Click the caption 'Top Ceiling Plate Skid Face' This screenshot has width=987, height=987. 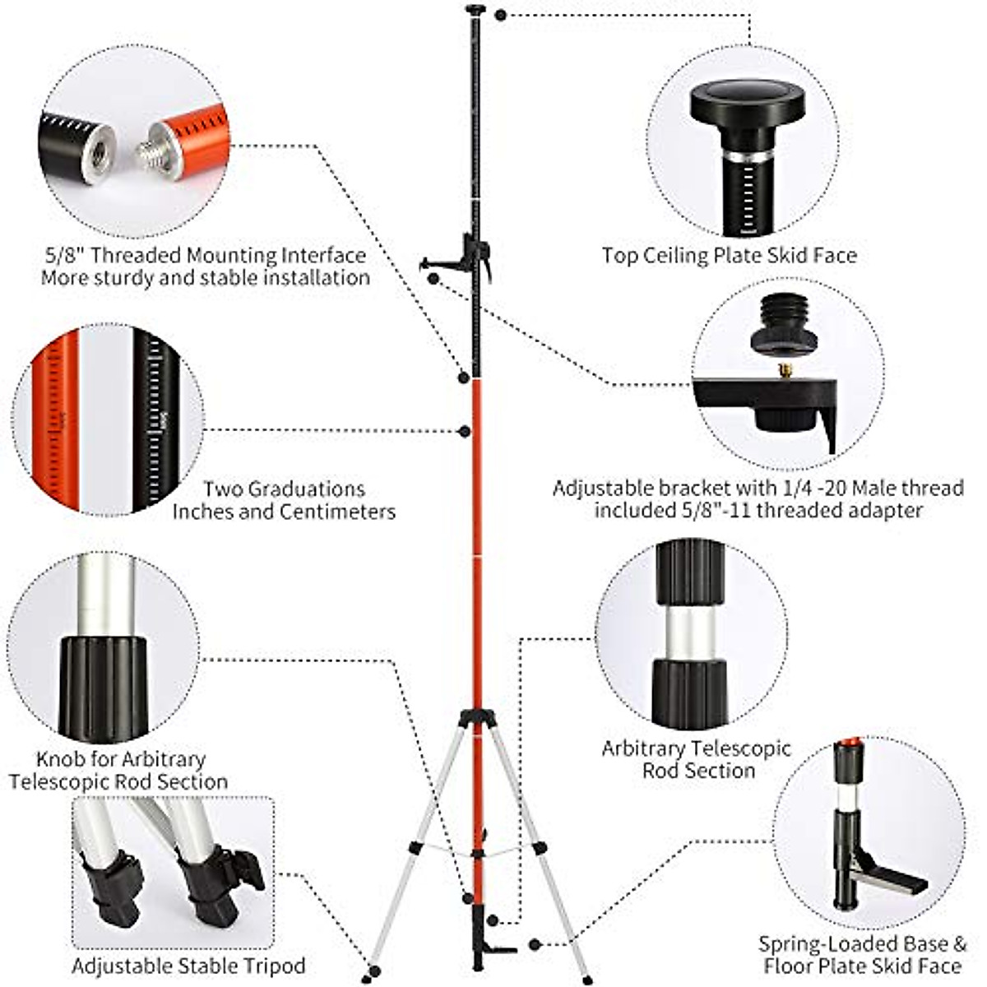coord(729,256)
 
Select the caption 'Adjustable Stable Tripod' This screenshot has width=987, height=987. coord(188,966)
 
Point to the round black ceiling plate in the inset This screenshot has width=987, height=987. coord(748,103)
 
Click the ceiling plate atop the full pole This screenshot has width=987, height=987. coord(476,10)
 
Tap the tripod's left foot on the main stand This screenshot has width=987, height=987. coord(367,978)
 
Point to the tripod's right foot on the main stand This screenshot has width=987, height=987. coord(586,979)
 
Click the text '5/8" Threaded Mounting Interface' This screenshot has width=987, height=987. coord(205,255)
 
